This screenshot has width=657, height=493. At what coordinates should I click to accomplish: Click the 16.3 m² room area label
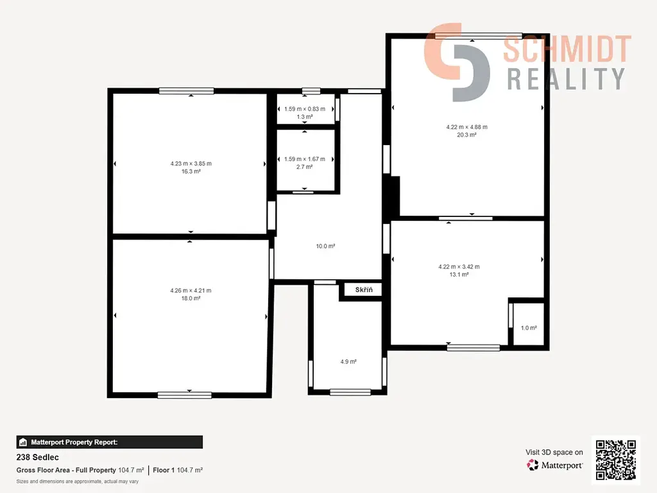191,171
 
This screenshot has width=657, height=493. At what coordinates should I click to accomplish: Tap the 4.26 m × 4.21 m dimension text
191,291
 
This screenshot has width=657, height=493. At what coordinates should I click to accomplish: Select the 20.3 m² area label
466,135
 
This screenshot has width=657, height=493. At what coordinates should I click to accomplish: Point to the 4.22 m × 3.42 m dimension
459,266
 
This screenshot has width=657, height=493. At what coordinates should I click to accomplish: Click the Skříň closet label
364,290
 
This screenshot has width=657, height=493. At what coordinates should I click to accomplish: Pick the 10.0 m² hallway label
325,246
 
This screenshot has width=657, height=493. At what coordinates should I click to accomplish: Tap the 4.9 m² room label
348,361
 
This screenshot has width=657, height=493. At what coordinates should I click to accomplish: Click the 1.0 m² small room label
529,328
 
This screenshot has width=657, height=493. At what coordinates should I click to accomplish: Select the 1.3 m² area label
305,117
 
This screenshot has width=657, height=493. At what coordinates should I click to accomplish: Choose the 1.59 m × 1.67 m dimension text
305,159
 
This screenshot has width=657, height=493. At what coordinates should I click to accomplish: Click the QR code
616,460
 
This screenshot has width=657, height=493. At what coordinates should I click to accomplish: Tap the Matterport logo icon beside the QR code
533,465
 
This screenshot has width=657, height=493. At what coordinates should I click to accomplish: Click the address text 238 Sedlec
38,457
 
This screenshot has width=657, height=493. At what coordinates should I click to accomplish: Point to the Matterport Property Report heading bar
109,442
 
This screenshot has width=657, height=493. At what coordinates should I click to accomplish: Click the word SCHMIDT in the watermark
567,49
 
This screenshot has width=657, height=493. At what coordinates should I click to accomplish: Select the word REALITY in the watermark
566,79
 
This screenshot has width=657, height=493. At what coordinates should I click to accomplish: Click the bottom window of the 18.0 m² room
185,395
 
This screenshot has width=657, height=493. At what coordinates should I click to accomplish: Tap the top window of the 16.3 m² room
187,91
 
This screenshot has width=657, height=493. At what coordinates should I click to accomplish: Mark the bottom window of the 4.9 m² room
350,392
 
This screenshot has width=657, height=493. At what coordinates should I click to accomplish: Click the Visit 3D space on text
554,453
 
